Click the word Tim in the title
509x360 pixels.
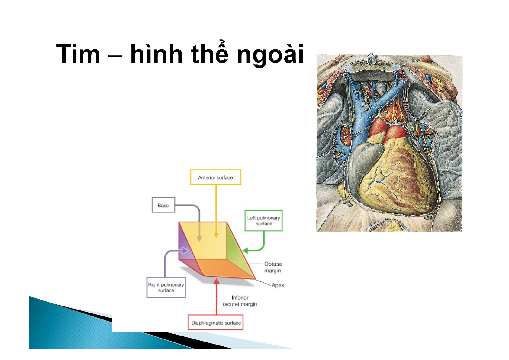tap(78, 54)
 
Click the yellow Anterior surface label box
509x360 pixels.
tap(215, 177)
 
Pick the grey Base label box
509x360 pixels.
tap(163, 205)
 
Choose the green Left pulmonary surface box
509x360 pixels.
tap(264, 221)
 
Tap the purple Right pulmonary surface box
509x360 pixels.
tap(166, 287)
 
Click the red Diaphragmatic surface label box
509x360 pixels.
tap(216, 323)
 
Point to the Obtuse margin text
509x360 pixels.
tap(273, 267)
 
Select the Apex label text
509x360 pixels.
tap(278, 285)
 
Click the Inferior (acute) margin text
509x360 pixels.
tap(240, 301)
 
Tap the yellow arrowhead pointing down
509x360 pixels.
tap(216, 235)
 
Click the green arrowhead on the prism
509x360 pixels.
tap(245, 251)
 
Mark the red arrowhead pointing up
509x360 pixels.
tap(217, 281)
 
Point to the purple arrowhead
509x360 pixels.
tap(185, 251)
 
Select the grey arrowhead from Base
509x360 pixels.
tap(199, 238)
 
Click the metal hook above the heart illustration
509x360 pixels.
tap(371, 58)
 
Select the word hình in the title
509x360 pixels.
tap(156, 54)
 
